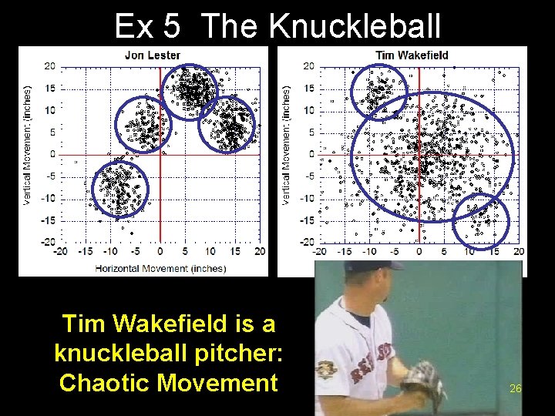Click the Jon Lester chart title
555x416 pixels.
pos(153,55)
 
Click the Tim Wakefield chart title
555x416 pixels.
pos(412,55)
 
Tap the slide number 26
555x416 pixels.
pos(516,388)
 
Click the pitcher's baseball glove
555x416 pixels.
pos(423,381)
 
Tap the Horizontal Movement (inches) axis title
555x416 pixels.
pos(160,268)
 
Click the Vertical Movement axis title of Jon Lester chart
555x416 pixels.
pos(29,145)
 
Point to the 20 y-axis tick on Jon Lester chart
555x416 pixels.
pos(49,66)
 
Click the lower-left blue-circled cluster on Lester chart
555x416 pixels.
pos(119,189)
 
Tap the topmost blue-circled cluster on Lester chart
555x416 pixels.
pos(189,91)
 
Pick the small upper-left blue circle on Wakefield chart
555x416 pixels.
pos(378,91)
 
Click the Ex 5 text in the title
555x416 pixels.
pos(146,27)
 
